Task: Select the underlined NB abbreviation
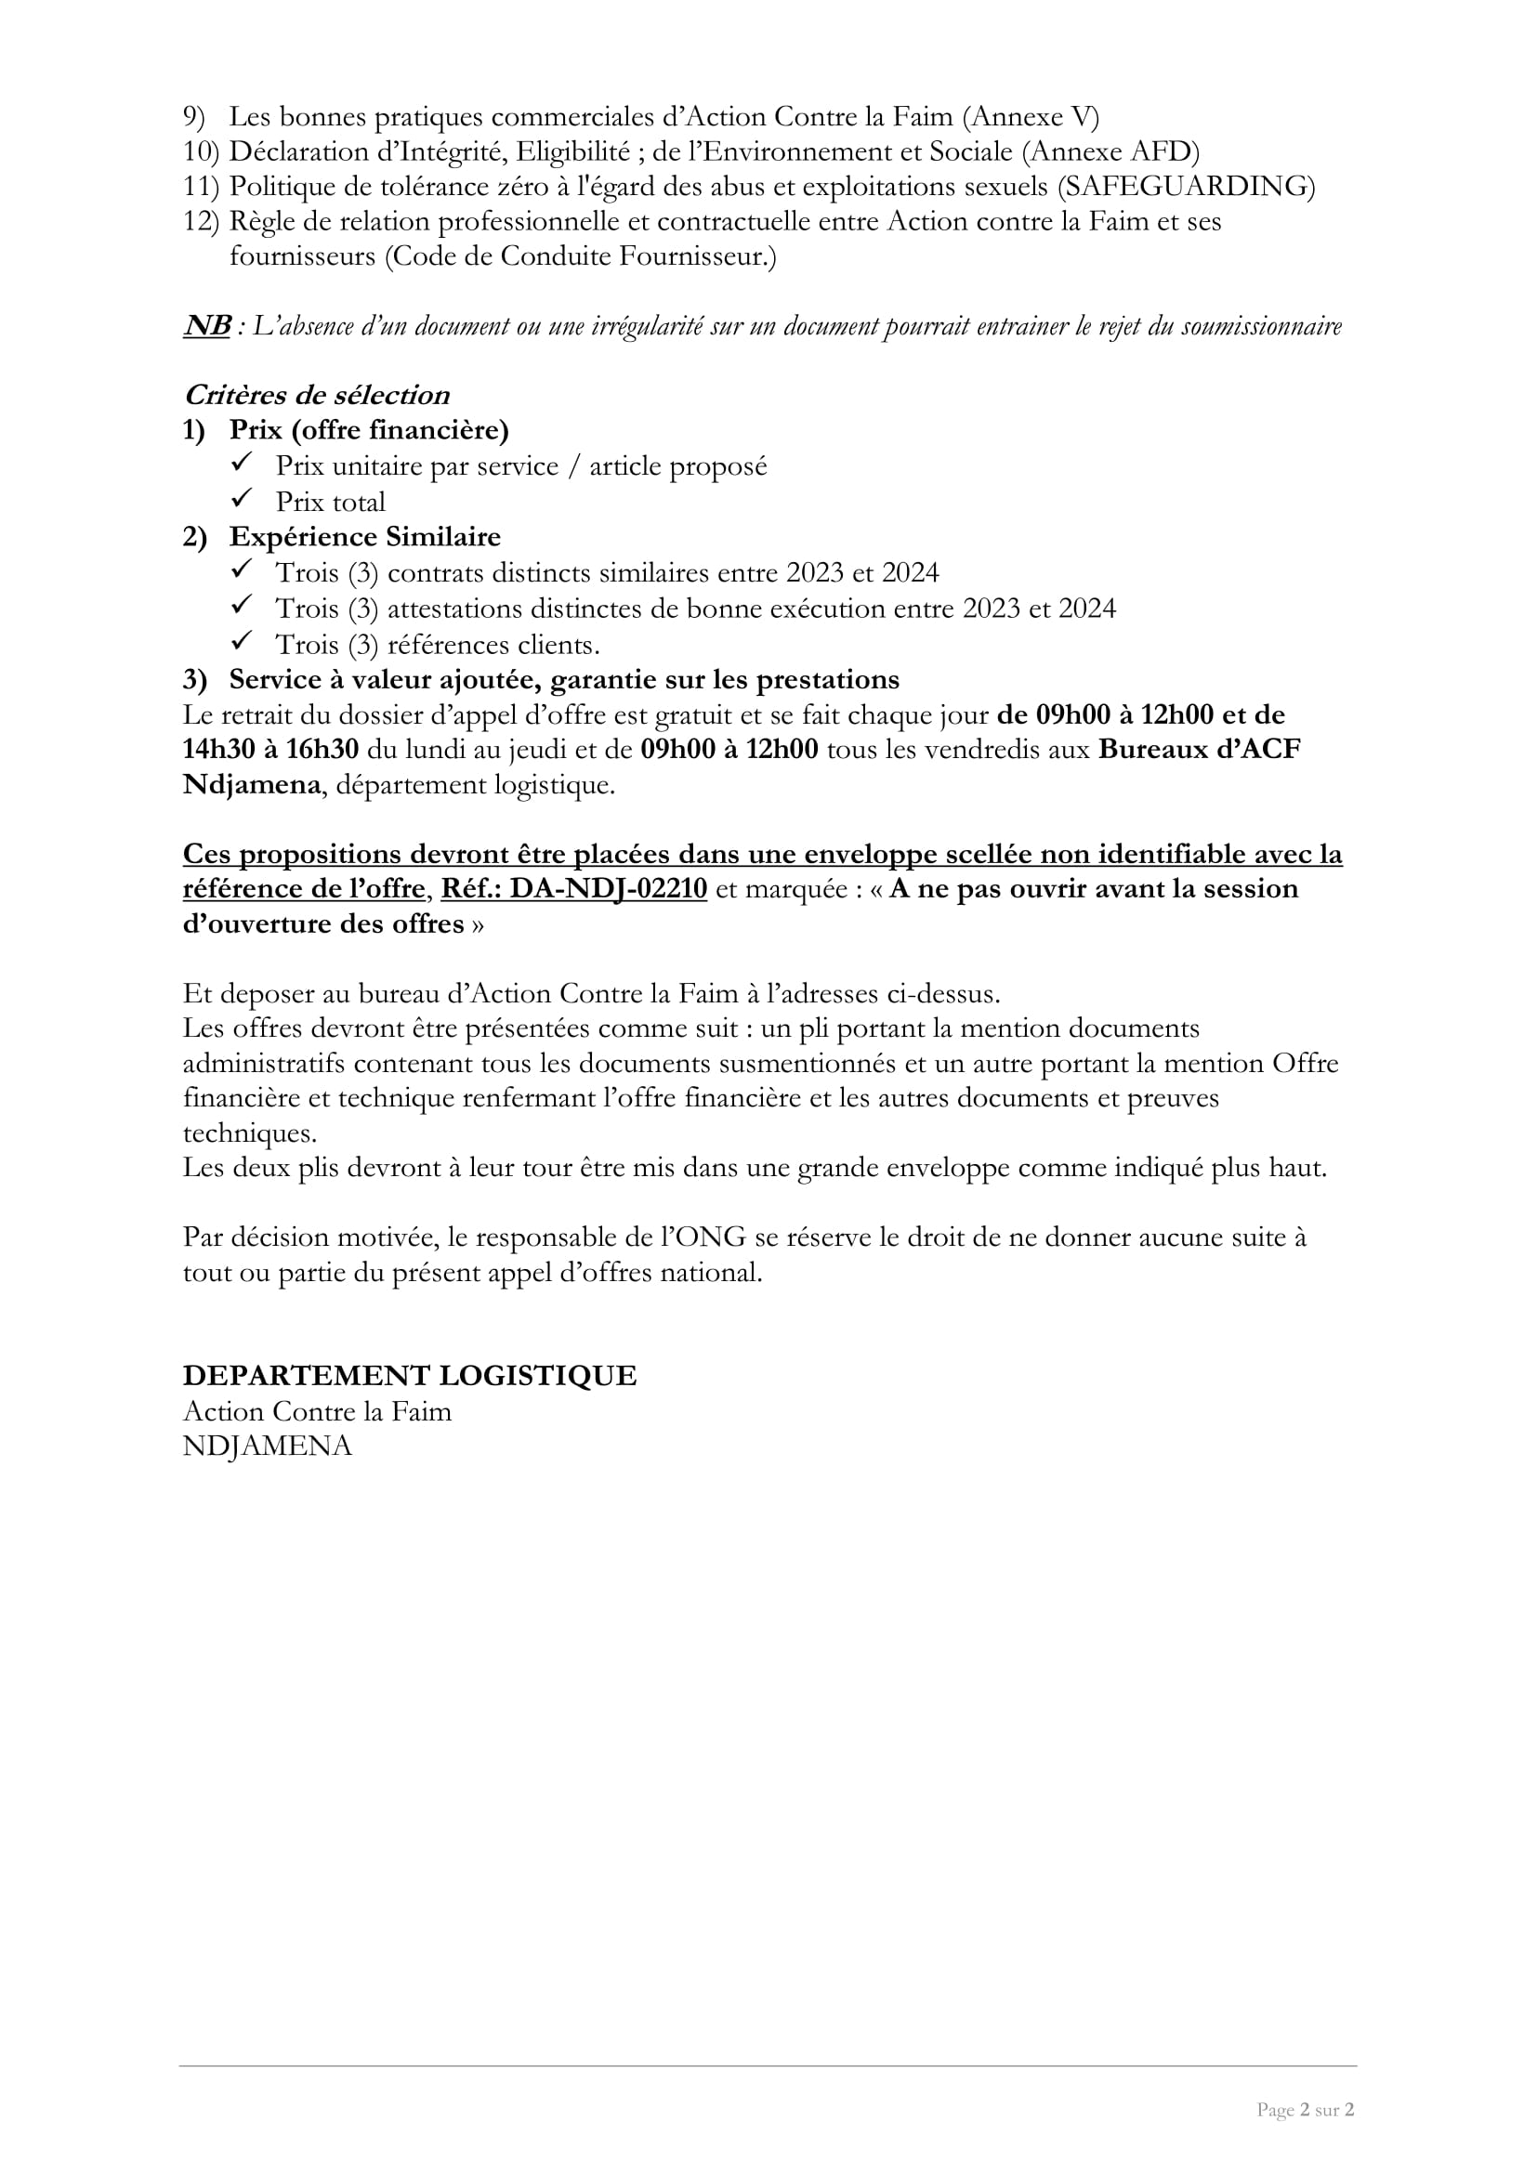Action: point(206,325)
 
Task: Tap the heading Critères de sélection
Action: point(316,395)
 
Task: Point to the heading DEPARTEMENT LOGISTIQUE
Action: point(409,1375)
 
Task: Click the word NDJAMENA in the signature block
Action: point(267,1446)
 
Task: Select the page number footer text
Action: point(1305,2109)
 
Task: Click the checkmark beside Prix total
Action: point(243,499)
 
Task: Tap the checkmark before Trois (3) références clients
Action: point(243,642)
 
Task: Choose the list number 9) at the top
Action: point(194,117)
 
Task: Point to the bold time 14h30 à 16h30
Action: point(270,750)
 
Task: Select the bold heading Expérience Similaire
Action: point(364,537)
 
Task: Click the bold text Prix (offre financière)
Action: point(368,431)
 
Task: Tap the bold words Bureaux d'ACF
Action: point(1199,750)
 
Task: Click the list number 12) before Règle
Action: point(200,221)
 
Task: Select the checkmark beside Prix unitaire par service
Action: point(243,463)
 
